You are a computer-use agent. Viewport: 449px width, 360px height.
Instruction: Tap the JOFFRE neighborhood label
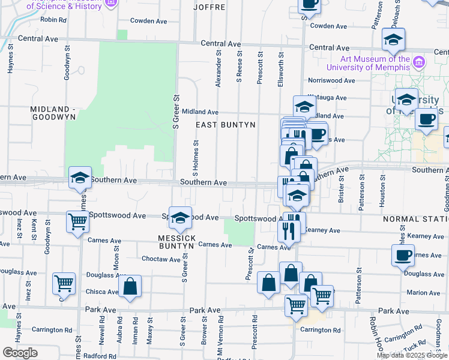[209, 7]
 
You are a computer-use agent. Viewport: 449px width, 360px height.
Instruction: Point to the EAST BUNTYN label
[226, 125]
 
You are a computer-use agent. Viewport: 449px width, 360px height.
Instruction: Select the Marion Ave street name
[423, 293]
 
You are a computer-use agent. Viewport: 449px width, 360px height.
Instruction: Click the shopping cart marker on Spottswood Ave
[78, 223]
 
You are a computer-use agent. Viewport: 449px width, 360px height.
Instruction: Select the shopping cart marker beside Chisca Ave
[64, 284]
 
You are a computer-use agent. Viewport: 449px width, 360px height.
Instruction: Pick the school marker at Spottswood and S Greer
[179, 219]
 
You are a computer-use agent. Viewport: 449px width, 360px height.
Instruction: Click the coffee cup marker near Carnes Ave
[403, 255]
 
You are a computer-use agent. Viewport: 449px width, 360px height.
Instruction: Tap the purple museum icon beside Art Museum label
[418, 61]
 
